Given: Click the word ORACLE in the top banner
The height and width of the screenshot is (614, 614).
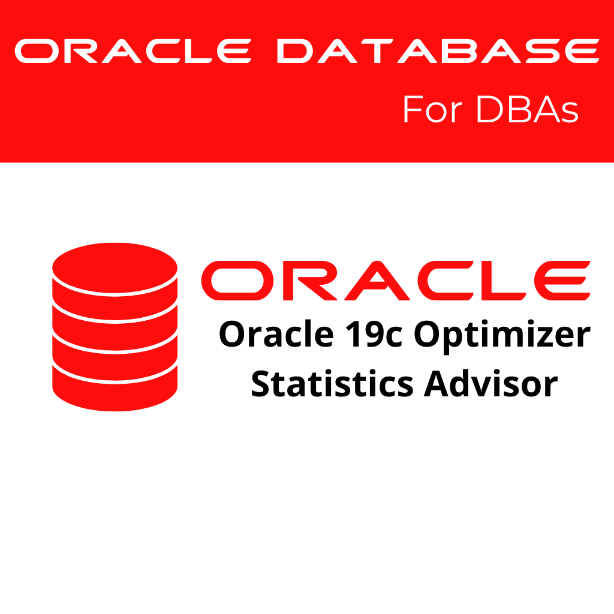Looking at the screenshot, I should click(x=132, y=51).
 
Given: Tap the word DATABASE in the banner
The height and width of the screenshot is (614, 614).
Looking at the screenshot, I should click(x=438, y=51).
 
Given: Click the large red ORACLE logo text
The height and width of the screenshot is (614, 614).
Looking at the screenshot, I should click(x=396, y=281).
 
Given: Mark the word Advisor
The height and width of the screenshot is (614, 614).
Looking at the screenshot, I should click(x=491, y=384).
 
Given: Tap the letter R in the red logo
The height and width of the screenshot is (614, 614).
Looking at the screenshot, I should click(x=299, y=281).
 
